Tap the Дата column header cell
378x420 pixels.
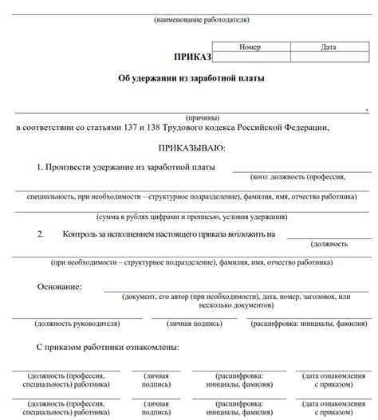[x=328, y=47]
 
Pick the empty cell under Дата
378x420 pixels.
[x=328, y=57]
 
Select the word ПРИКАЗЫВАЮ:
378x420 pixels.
[x=192, y=147]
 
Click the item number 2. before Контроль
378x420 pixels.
[x=40, y=234]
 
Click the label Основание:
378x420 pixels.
[x=60, y=286]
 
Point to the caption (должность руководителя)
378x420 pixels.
[x=77, y=324]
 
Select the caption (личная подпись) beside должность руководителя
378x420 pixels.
[x=193, y=324]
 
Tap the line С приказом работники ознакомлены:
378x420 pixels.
[x=108, y=347]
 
